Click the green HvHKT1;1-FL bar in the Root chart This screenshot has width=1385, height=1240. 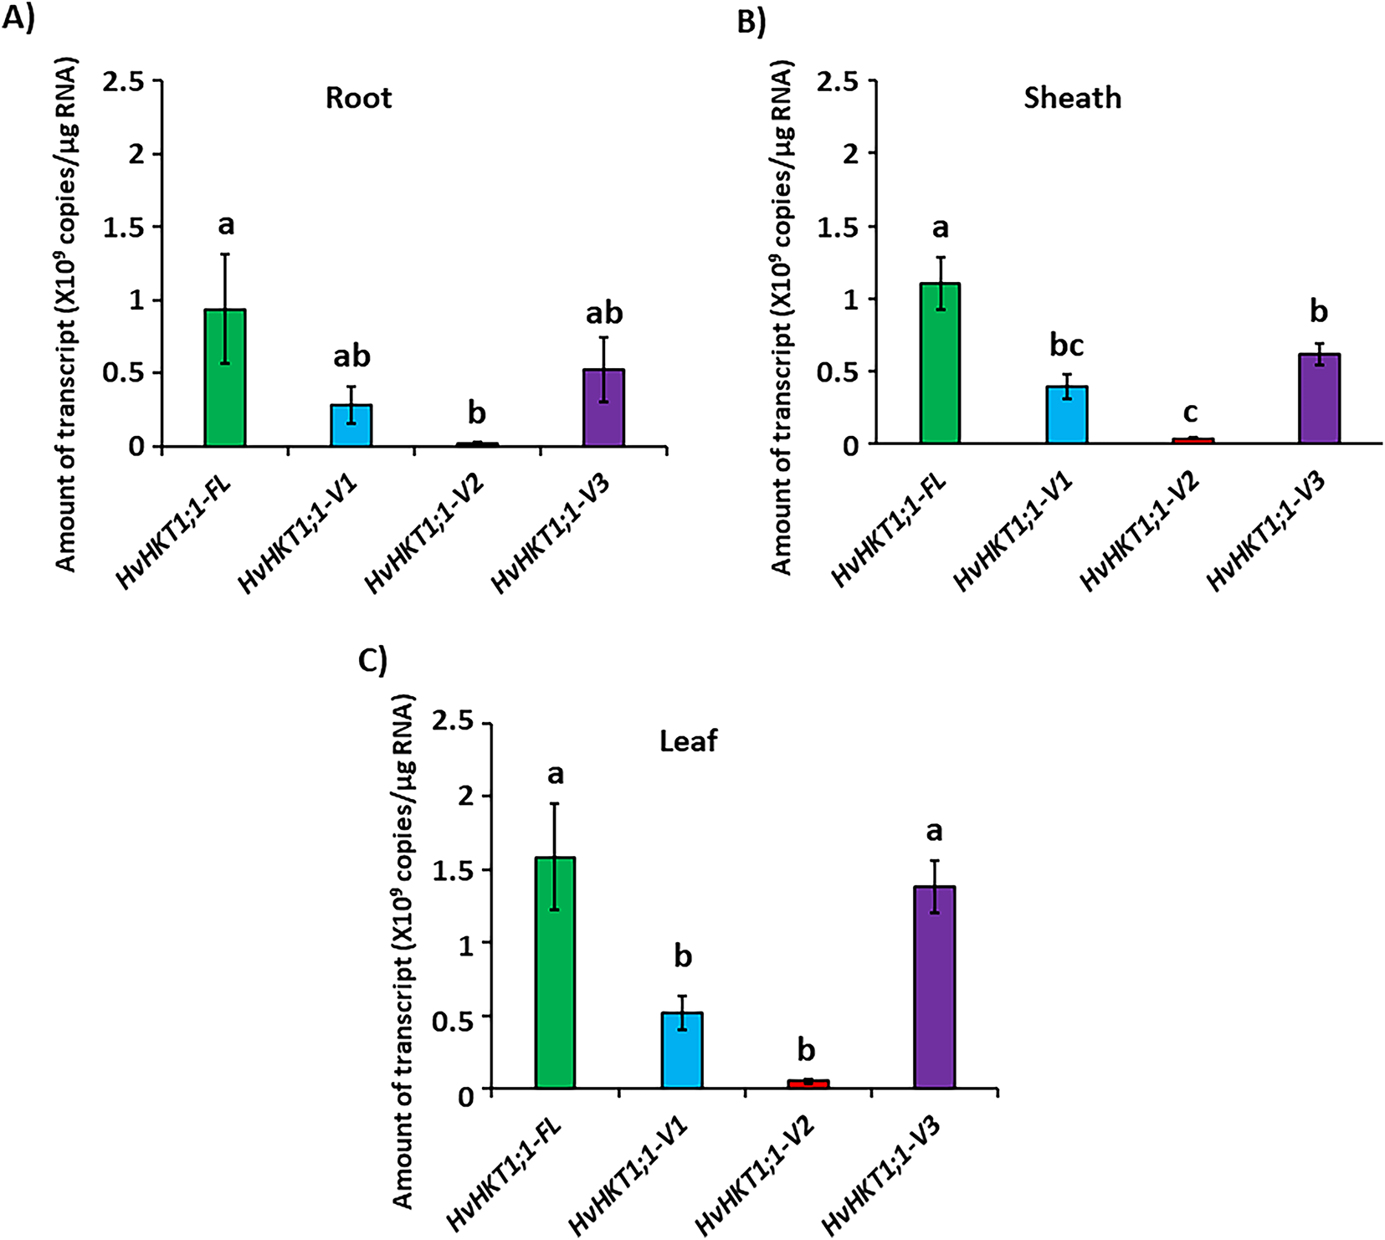point(225,378)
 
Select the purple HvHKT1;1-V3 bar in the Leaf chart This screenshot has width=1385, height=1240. point(935,987)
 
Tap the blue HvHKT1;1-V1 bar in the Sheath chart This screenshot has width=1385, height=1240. point(1066,415)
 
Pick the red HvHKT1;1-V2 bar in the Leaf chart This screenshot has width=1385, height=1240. point(808,1084)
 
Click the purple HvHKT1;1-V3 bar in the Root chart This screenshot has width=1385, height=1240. point(604,407)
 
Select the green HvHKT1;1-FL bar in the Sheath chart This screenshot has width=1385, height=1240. point(940,363)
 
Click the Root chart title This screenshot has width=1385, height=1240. point(358,98)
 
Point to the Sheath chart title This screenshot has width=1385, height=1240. point(1072,98)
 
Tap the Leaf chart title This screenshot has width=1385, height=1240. point(688,741)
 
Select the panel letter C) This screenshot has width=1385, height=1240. point(372,661)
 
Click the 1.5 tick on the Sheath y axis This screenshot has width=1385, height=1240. point(839,227)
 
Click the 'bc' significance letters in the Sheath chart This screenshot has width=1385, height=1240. point(1067,346)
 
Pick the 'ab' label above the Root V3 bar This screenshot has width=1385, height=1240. point(604,314)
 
